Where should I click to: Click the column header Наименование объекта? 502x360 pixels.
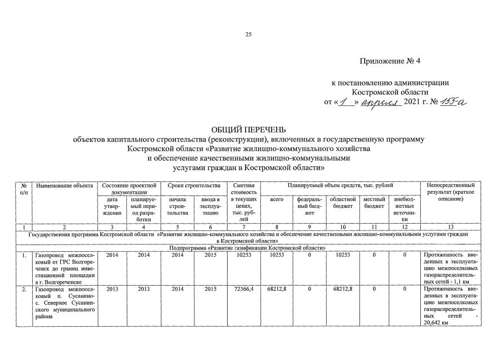click(x=64, y=186)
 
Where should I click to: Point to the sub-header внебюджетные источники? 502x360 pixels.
click(x=403, y=209)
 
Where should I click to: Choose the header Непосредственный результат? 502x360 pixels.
click(x=451, y=189)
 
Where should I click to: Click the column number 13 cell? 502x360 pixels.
click(x=451, y=226)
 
